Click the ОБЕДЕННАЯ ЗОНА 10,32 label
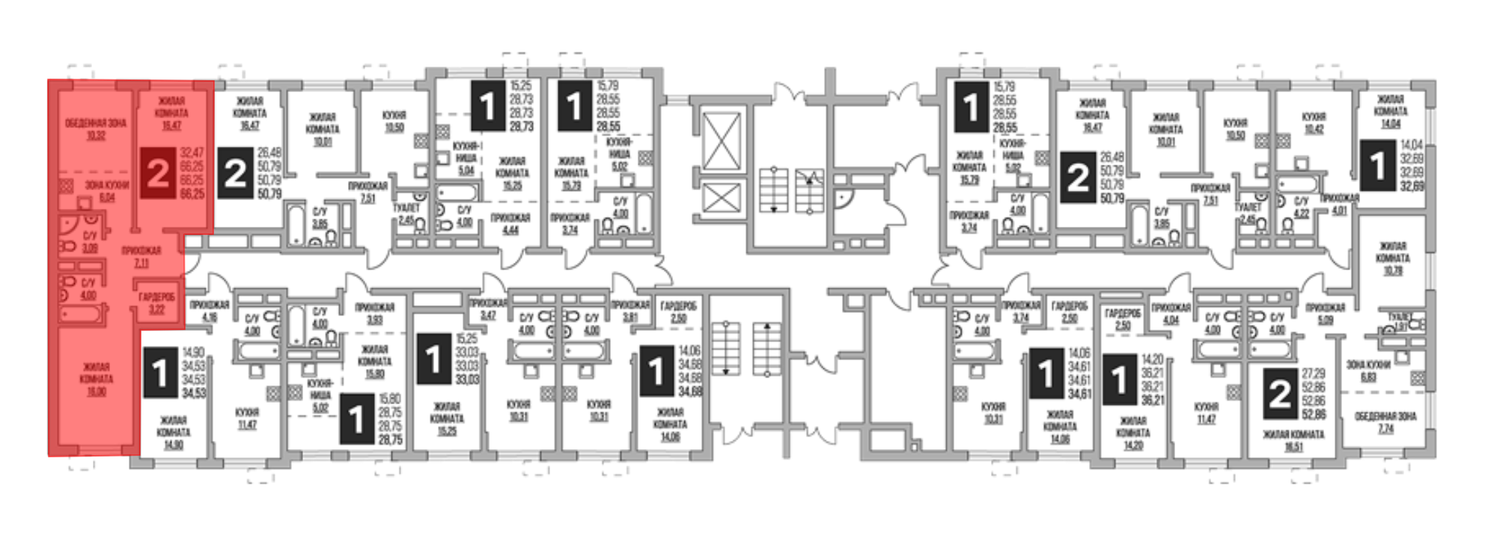click(95, 130)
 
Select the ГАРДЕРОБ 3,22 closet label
click(156, 303)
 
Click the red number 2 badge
click(158, 173)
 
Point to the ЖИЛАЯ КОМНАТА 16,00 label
click(96, 379)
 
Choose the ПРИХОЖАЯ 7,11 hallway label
click(141, 257)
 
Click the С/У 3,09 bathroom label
click(90, 242)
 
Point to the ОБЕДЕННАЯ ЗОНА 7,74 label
click(1385, 422)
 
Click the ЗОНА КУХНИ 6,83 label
click(1368, 371)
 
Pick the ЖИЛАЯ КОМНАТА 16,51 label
click(1293, 440)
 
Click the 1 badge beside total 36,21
click(1119, 380)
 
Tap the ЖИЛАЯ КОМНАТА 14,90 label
click(173, 432)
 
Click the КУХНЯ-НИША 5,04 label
click(466, 159)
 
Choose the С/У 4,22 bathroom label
click(1302, 207)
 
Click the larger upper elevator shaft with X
click(722, 142)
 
